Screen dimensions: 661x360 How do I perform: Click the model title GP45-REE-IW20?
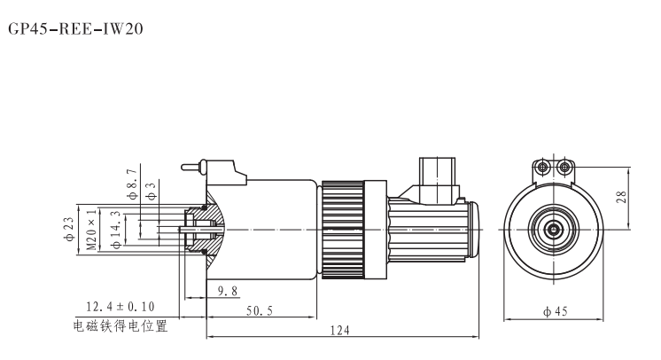[x=76, y=28]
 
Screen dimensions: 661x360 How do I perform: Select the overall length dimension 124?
[x=339, y=330]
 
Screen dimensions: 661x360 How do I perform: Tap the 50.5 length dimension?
[x=260, y=311]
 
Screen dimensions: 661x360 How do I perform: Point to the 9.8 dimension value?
[x=228, y=291]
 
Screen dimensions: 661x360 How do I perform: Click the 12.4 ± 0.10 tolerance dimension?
[x=121, y=307]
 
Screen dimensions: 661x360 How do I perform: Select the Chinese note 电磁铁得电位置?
[x=121, y=325]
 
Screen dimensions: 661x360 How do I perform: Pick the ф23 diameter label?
[x=69, y=229]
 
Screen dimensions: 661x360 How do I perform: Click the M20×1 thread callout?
[x=92, y=229]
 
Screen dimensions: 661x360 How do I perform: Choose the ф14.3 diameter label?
[x=117, y=229]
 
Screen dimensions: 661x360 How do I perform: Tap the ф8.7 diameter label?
[x=133, y=184]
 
